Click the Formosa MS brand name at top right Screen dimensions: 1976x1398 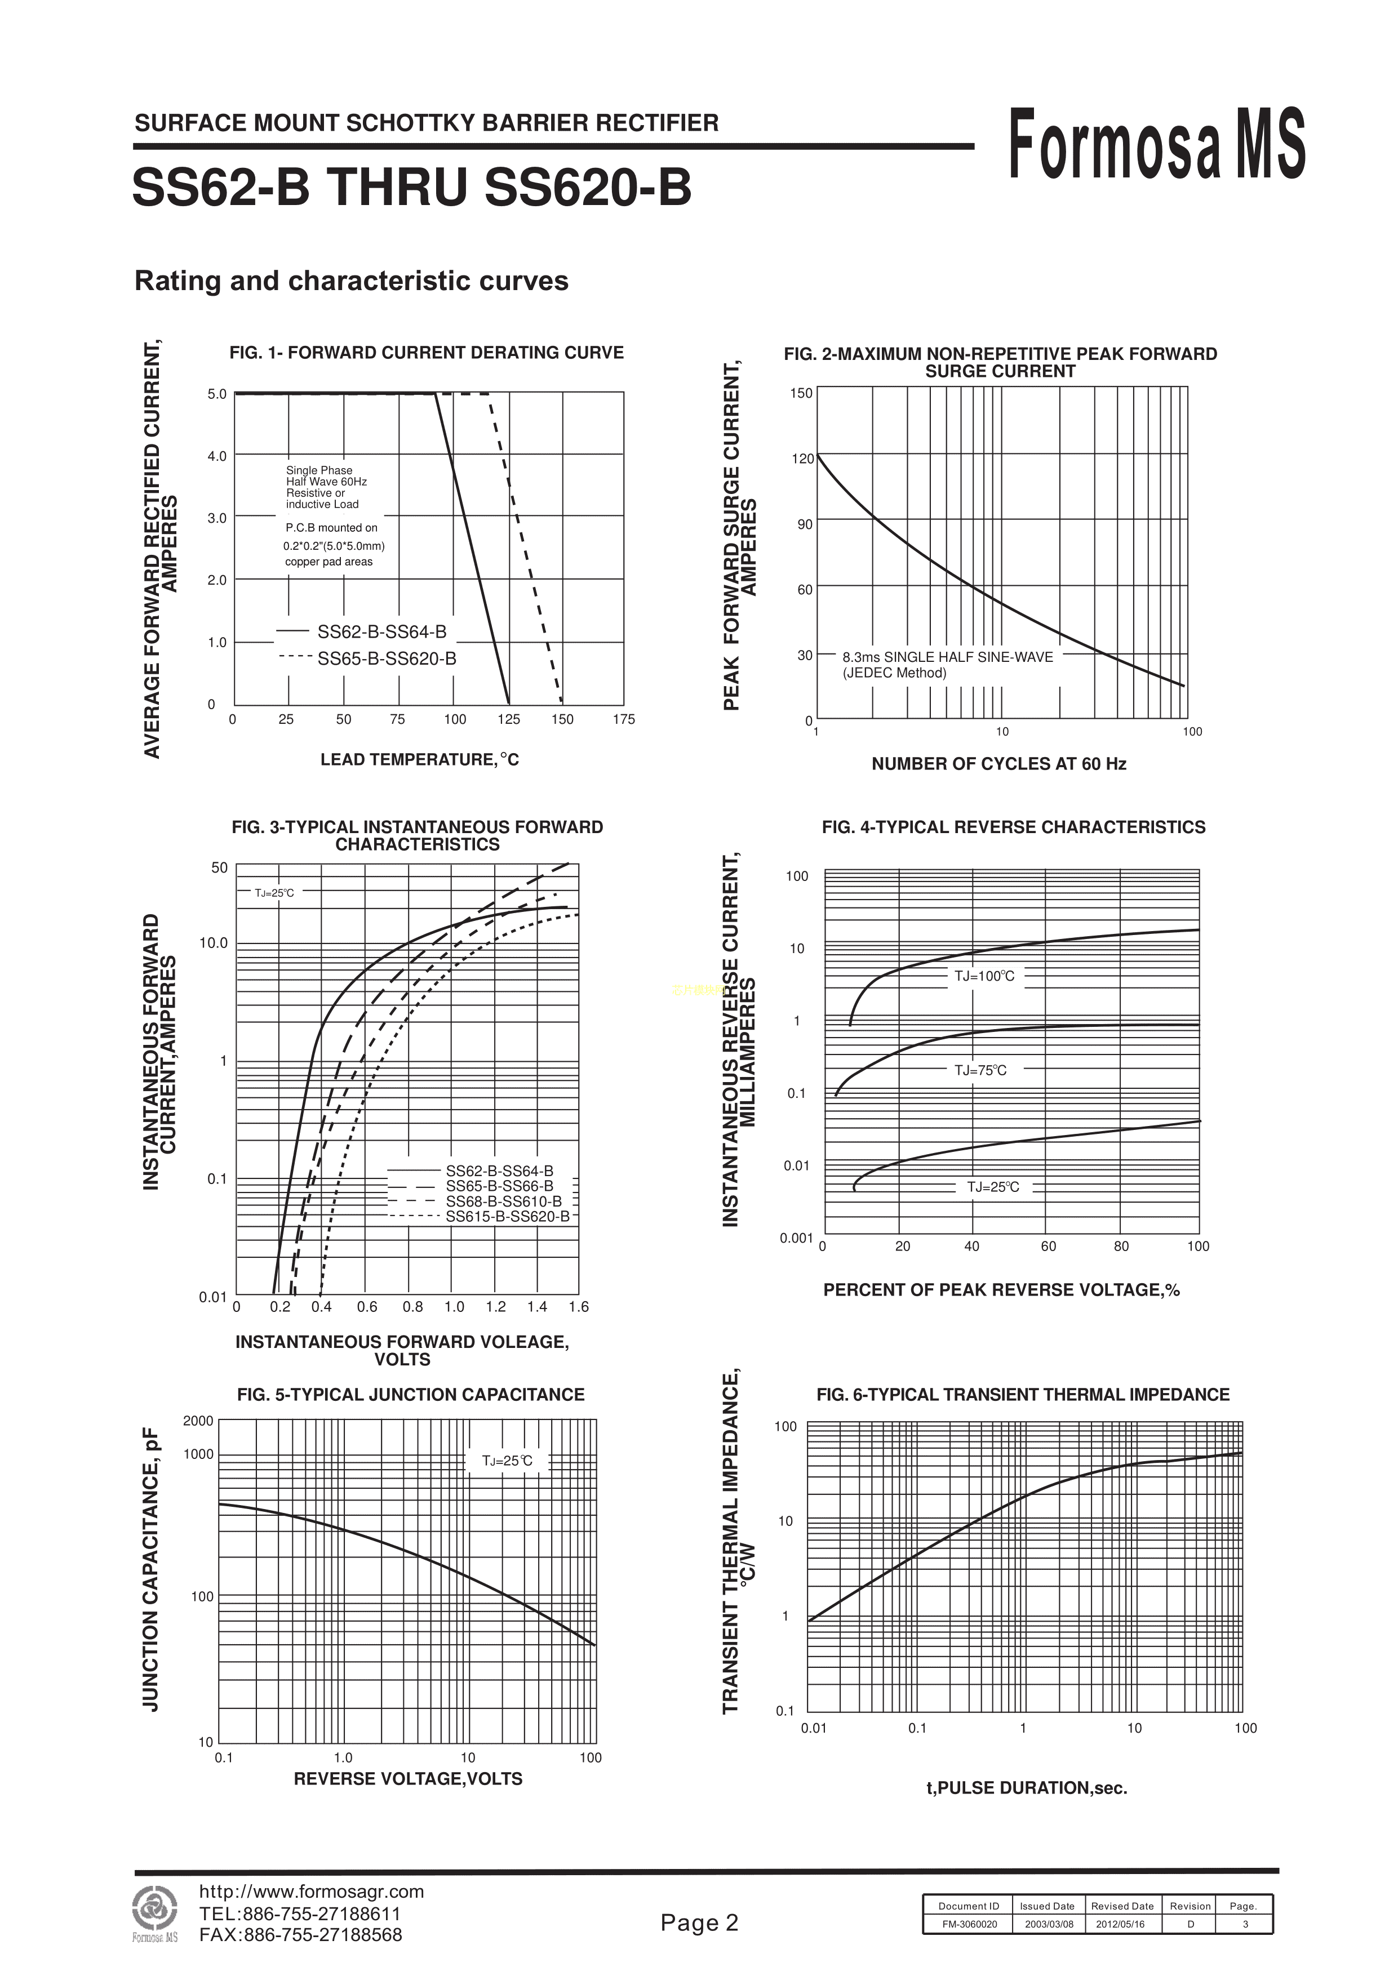pyautogui.click(x=1156, y=145)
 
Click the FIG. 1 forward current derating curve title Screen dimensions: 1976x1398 pyautogui.click(x=426, y=353)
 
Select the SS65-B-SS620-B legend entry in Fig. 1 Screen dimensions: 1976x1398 pyautogui.click(x=387, y=659)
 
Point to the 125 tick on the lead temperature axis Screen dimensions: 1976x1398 pyautogui.click(x=509, y=719)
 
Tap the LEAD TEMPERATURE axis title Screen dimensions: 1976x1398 pyautogui.click(x=419, y=760)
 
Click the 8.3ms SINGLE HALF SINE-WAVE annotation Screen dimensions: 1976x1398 pyautogui.click(x=947, y=657)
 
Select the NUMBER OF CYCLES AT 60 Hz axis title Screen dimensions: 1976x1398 pyautogui.click(x=998, y=764)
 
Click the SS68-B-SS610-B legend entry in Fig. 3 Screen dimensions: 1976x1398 pyautogui.click(x=504, y=1201)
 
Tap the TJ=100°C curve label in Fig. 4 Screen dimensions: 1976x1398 pyautogui.click(x=984, y=976)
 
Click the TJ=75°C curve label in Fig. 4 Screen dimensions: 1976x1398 pyautogui.click(x=980, y=1071)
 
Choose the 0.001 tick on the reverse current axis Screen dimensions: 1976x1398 pyautogui.click(x=796, y=1239)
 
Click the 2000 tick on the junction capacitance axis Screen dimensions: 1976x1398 pyautogui.click(x=198, y=1421)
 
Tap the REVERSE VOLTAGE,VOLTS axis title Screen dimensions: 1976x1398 pyautogui.click(x=408, y=1779)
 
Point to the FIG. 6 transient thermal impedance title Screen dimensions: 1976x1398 pyautogui.click(x=1023, y=1395)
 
